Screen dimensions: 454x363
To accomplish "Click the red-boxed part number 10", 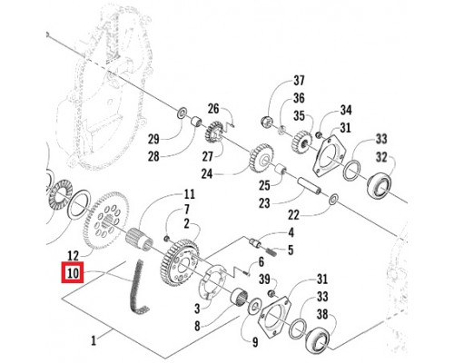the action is click(x=73, y=273).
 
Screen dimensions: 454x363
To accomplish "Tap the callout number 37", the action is click(x=299, y=81).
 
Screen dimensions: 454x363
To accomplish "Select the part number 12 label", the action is click(x=73, y=256).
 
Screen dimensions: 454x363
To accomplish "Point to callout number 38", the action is click(x=322, y=315).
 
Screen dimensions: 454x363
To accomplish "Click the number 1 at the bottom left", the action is click(x=94, y=341).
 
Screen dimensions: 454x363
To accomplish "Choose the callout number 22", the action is click(x=293, y=215).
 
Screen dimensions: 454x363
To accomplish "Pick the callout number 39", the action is click(x=264, y=280).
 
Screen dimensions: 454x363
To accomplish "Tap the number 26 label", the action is click(x=213, y=109).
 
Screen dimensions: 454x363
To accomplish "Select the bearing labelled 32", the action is click(x=380, y=185).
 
